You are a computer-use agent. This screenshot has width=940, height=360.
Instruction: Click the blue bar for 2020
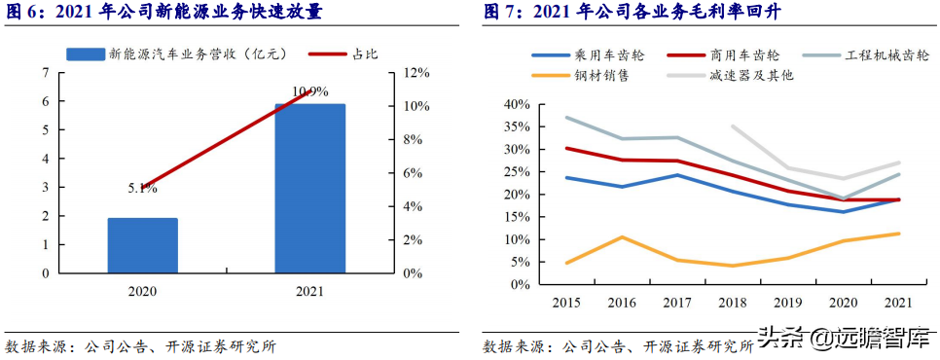click(x=142, y=245)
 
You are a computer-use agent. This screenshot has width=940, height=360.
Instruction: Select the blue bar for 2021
click(x=309, y=188)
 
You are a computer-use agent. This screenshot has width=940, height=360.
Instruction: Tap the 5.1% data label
click(x=142, y=189)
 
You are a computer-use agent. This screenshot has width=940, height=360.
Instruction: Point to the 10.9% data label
click(x=309, y=92)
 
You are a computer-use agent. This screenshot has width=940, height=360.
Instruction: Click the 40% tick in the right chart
click(x=515, y=104)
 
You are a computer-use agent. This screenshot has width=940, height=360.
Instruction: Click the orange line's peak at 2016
click(x=622, y=237)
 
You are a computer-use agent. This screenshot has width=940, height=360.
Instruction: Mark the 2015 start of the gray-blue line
click(x=566, y=118)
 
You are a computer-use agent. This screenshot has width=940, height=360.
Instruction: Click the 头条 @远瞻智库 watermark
click(x=842, y=338)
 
